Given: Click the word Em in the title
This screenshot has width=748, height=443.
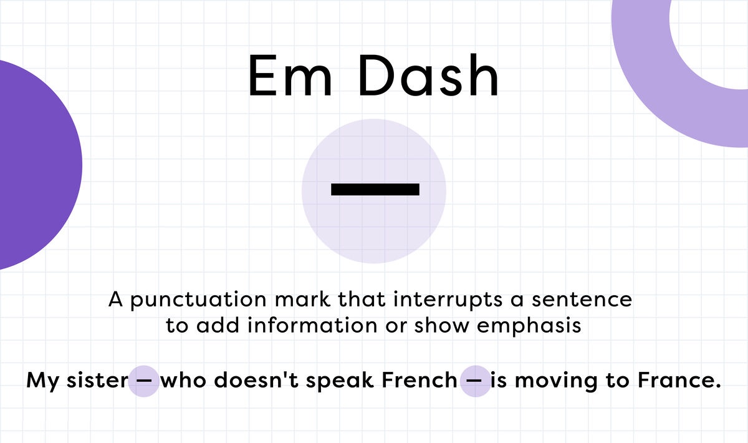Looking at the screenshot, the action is pyautogui.click(x=290, y=75).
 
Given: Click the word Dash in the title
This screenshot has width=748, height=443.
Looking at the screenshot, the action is pyautogui.click(x=428, y=75).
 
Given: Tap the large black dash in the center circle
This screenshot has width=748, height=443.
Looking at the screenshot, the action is pyautogui.click(x=375, y=189).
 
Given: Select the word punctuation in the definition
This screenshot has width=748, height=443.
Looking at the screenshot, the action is pyautogui.click(x=198, y=300).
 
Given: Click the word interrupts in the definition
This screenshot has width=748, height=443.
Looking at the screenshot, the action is pyautogui.click(x=448, y=299).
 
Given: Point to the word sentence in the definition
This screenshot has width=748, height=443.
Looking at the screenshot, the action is pyautogui.click(x=582, y=299).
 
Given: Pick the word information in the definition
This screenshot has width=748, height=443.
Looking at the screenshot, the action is pyautogui.click(x=312, y=325).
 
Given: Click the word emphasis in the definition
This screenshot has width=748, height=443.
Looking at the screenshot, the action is pyautogui.click(x=529, y=326).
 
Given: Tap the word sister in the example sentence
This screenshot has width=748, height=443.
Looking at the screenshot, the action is pyautogui.click(x=97, y=380).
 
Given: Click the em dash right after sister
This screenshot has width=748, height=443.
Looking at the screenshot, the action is pyautogui.click(x=144, y=381).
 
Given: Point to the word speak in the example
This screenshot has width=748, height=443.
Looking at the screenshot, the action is pyautogui.click(x=340, y=381).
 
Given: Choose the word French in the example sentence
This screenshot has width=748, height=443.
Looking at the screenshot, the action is pyautogui.click(x=420, y=380).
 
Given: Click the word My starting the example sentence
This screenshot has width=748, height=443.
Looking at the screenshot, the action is pyautogui.click(x=42, y=381).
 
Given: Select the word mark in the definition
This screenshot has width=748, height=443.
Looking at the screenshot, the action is pyautogui.click(x=302, y=299).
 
